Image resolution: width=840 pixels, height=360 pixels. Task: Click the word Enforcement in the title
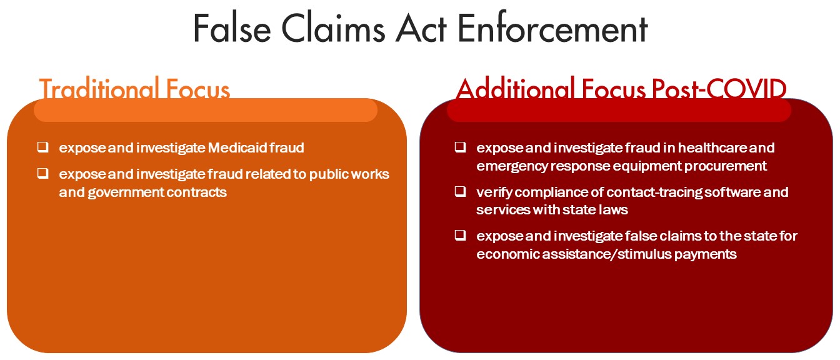click(552, 29)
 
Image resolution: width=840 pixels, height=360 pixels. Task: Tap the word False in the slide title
click(232, 29)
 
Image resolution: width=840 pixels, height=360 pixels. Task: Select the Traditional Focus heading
click(134, 88)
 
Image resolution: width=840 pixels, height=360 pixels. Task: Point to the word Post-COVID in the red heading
click(719, 89)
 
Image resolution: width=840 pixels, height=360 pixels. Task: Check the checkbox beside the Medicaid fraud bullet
click(42, 147)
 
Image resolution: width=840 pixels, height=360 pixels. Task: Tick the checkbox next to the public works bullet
click(42, 173)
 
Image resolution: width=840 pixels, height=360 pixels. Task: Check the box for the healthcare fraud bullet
click(460, 147)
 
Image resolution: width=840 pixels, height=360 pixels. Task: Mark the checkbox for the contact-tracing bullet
click(460, 191)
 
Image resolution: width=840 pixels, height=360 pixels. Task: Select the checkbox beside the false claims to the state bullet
click(460, 235)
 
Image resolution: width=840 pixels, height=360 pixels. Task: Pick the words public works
click(349, 174)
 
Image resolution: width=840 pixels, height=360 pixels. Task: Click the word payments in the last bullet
click(706, 254)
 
